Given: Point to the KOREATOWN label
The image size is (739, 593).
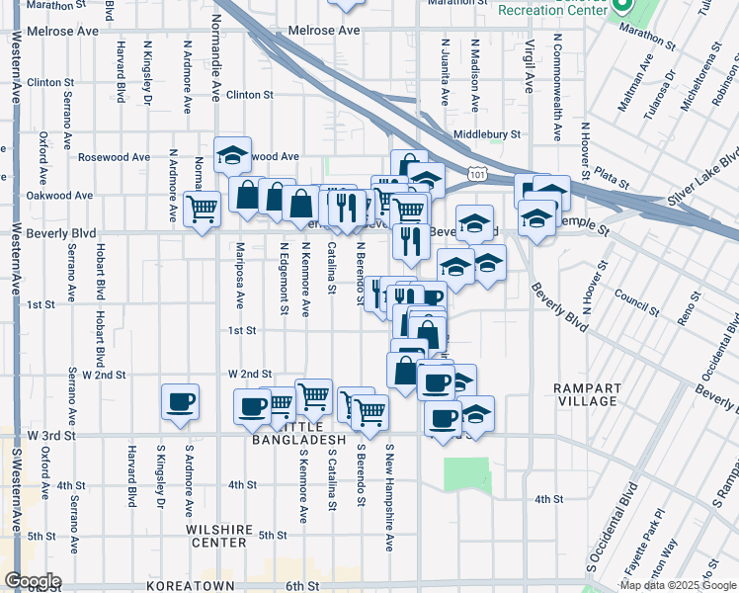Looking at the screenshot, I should point(189,586).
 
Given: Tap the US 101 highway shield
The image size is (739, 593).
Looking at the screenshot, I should point(478,175).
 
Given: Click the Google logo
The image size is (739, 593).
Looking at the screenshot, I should point(32,581).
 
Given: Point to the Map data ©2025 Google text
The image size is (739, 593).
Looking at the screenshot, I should point(678,585).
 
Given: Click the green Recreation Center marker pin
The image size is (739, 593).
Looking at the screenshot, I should point(621,7).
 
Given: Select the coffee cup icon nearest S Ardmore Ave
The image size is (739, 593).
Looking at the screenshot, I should point(180,401).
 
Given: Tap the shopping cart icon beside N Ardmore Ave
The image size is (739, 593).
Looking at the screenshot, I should point(202,209).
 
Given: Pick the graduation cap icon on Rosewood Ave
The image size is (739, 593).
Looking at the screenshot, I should point(232,155).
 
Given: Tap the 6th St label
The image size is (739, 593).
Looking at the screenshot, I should point(298,586).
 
